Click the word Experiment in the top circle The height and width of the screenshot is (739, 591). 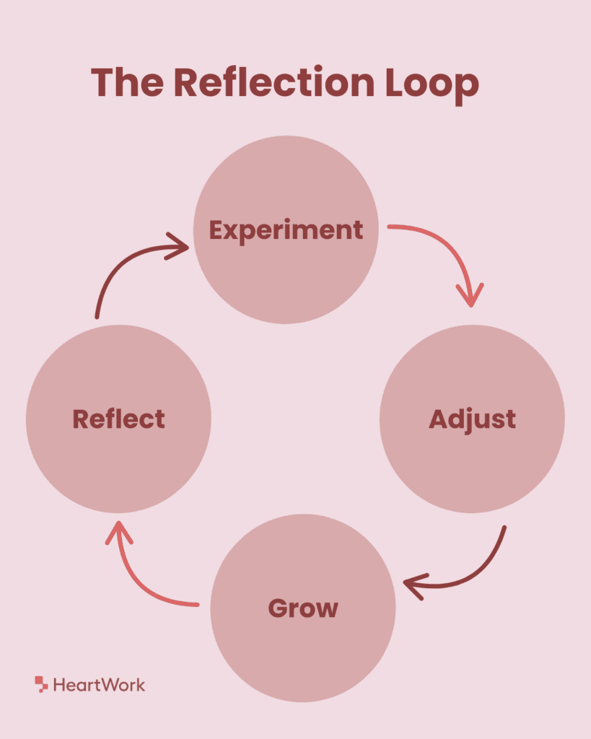(286, 230)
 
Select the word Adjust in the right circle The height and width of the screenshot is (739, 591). (472, 419)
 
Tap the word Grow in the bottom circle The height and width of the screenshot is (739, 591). (303, 608)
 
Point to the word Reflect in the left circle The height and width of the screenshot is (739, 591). (118, 419)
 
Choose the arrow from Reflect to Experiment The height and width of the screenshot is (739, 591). (123, 267)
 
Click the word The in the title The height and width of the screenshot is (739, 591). (127, 83)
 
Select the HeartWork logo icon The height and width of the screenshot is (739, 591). (41, 683)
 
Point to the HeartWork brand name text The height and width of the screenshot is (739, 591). (99, 685)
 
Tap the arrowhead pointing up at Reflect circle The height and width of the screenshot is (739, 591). (119, 533)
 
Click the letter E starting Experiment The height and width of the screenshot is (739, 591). (217, 230)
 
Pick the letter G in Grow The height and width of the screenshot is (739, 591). (279, 608)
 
